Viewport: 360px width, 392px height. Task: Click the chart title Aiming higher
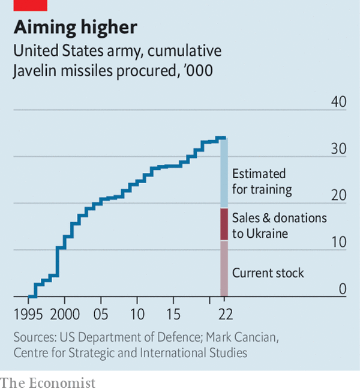(x=75, y=27)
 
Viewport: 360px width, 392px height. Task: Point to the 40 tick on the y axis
(x=339, y=102)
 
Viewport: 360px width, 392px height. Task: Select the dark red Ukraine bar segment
(x=224, y=224)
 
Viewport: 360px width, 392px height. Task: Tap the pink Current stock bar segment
(x=224, y=268)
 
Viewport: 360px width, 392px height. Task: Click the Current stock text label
(x=268, y=273)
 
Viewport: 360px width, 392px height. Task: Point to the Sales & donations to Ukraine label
(x=279, y=225)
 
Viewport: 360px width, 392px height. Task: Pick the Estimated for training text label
(x=262, y=181)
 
